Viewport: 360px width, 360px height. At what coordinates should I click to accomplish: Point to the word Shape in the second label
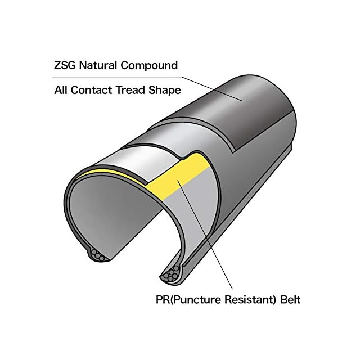point(165,89)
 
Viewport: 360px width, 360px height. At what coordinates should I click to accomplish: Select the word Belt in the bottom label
point(289,299)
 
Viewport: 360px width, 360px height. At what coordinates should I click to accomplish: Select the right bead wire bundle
point(168,275)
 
